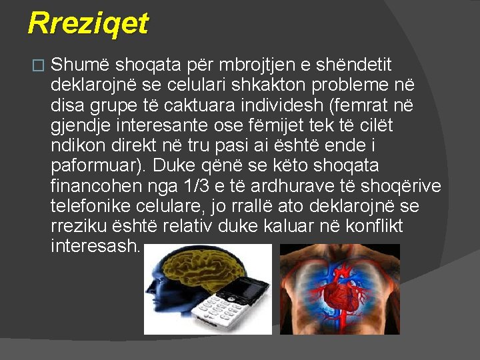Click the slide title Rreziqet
point(88,24)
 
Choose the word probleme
point(347,86)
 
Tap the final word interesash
point(95,246)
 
